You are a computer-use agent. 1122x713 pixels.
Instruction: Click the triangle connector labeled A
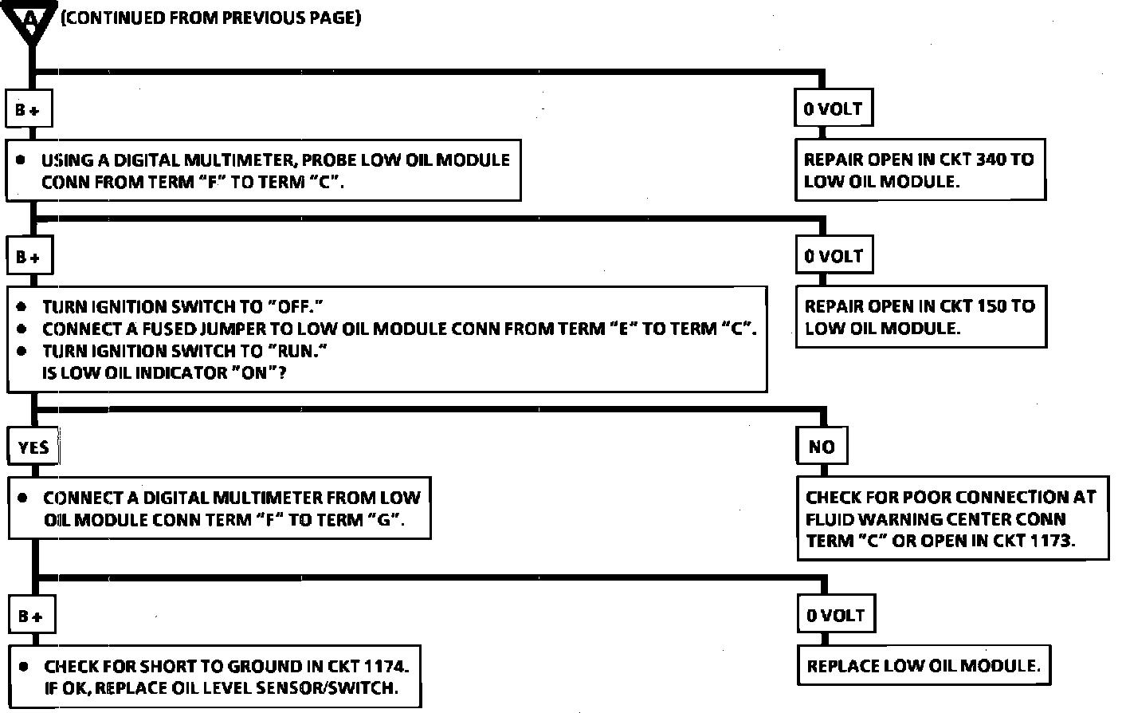click(31, 21)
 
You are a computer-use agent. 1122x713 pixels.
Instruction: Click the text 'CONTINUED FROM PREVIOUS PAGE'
click(211, 18)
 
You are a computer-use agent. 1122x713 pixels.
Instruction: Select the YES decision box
click(33, 447)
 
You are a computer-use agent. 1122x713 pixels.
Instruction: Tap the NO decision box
click(822, 447)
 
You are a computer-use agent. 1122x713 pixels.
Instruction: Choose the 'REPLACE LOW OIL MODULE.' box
click(924, 666)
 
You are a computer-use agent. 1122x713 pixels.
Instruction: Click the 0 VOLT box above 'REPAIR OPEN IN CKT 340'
click(833, 109)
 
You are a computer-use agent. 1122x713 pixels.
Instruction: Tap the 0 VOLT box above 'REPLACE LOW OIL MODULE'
click(835, 616)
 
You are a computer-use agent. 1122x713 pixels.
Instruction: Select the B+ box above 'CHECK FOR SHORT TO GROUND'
click(31, 616)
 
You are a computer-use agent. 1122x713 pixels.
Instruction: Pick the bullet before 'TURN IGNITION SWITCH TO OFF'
click(24, 307)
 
